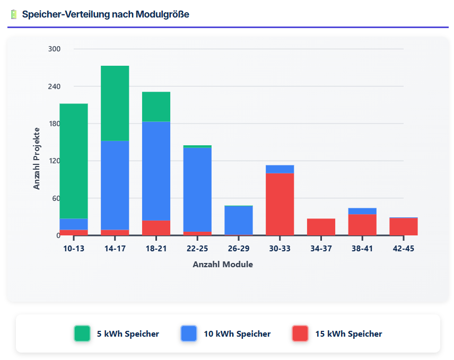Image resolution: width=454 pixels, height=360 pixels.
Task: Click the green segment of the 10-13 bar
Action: pyautogui.click(x=74, y=161)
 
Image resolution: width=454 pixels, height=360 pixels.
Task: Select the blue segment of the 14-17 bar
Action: pyautogui.click(x=115, y=185)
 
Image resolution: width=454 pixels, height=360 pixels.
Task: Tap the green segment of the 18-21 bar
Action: pyautogui.click(x=156, y=107)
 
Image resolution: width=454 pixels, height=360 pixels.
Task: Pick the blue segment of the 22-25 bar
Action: pyautogui.click(x=197, y=189)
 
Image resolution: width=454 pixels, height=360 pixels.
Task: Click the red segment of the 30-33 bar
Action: pyautogui.click(x=280, y=204)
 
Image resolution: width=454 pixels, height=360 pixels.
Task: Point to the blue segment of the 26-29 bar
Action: pyautogui.click(x=239, y=221)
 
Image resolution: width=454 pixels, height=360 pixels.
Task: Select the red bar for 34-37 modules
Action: pyautogui.click(x=321, y=227)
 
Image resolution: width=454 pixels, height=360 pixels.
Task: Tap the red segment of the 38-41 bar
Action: pyautogui.click(x=362, y=224)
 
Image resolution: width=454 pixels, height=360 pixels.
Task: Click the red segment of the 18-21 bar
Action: pyautogui.click(x=156, y=227)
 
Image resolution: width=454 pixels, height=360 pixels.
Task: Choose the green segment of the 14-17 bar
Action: pyautogui.click(x=115, y=103)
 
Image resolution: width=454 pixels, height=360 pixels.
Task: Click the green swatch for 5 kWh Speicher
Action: pyautogui.click(x=82, y=333)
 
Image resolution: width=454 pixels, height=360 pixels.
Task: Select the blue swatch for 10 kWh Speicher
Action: pyautogui.click(x=189, y=333)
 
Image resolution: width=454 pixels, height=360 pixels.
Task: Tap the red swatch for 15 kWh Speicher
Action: pyautogui.click(x=300, y=333)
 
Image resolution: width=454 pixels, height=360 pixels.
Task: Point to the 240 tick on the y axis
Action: pyautogui.click(x=55, y=86)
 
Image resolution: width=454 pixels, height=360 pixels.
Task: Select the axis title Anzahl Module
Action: pyautogui.click(x=223, y=264)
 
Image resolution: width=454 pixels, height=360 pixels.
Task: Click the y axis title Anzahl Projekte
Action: pyautogui.click(x=37, y=158)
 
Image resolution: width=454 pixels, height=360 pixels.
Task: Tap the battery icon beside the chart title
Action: pyautogui.click(x=14, y=14)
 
